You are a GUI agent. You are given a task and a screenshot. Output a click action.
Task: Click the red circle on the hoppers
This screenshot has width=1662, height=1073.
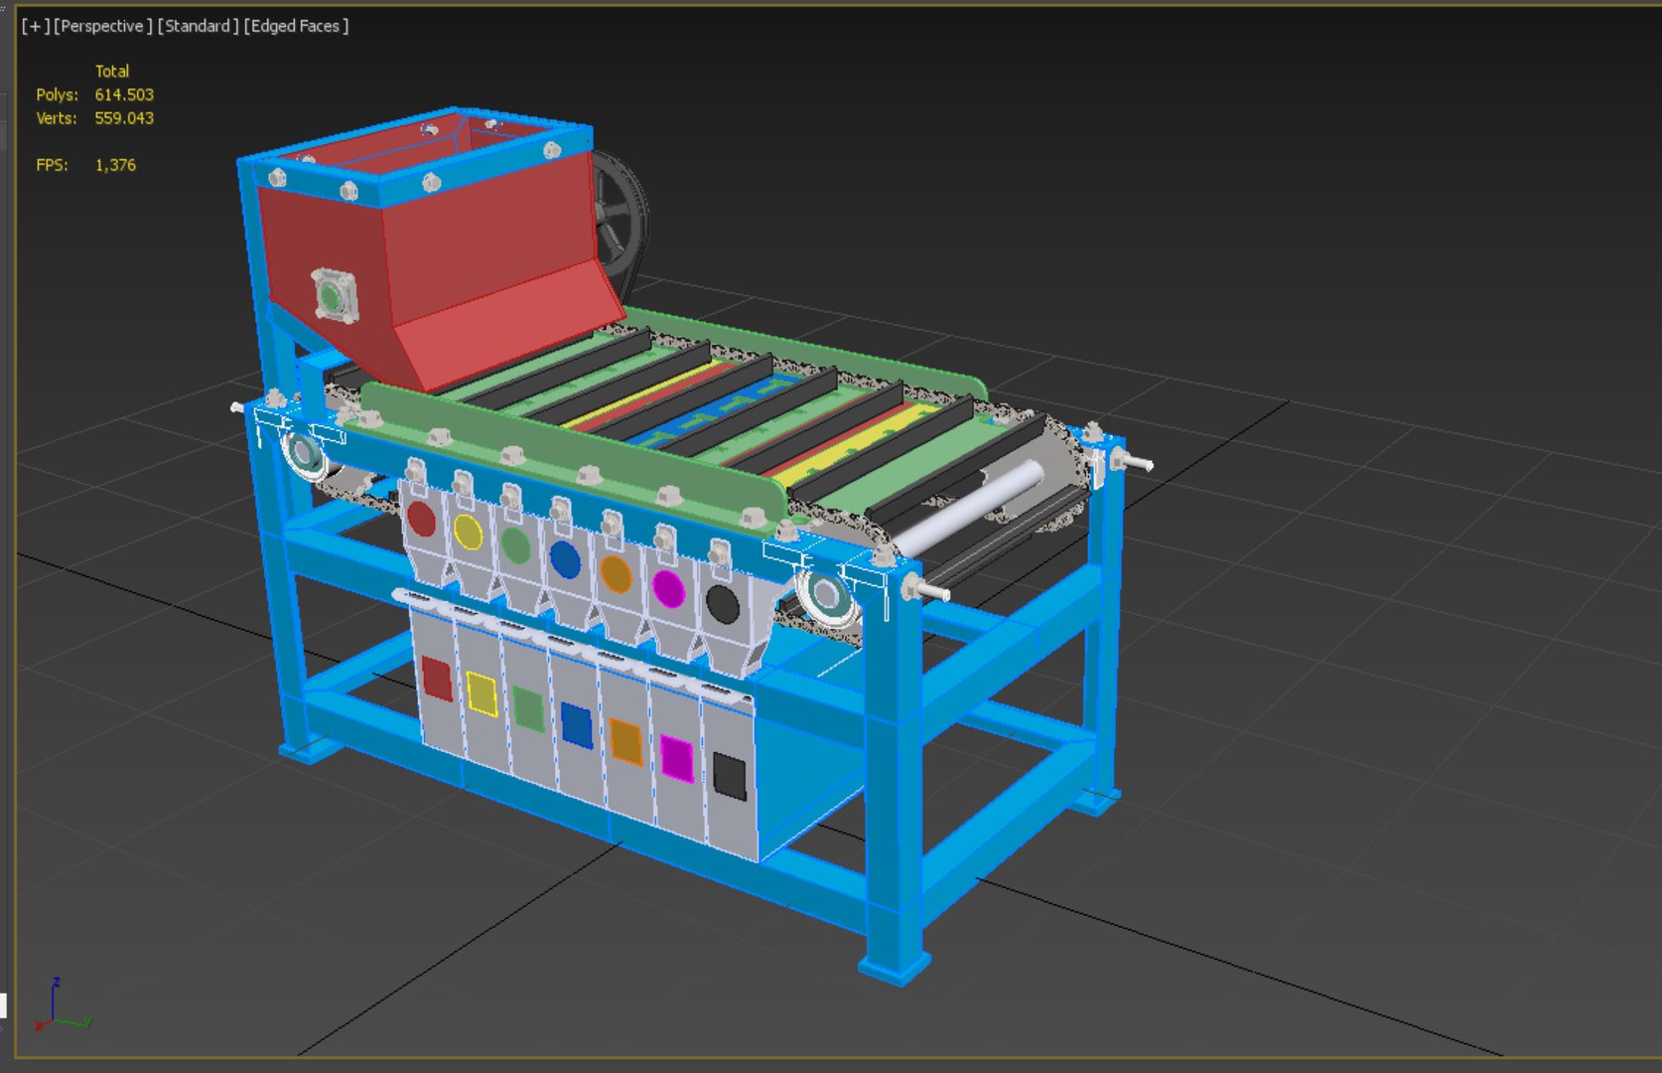point(422,519)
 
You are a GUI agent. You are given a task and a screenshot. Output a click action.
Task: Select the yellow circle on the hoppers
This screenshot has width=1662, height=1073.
point(468,533)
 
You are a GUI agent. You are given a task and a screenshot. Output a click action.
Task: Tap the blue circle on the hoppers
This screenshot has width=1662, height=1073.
point(565,560)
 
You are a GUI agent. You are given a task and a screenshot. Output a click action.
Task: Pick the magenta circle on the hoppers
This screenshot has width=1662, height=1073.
point(668,589)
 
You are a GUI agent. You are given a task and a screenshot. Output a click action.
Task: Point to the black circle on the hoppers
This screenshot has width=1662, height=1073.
point(722,604)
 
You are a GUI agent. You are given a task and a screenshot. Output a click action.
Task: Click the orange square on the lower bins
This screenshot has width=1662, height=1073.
point(626,741)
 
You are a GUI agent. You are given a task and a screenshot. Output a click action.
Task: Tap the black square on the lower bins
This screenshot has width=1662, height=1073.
point(730,776)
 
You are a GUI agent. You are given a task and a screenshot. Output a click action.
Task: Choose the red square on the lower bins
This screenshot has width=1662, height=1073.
point(437,679)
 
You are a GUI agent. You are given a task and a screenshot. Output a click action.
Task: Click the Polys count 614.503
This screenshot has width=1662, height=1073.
point(124,94)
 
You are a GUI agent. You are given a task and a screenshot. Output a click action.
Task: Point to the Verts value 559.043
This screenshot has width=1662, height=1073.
point(124,118)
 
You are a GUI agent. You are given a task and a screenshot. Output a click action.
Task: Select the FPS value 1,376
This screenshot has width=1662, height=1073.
point(115,165)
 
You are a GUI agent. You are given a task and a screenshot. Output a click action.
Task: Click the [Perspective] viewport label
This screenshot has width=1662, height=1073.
point(103,26)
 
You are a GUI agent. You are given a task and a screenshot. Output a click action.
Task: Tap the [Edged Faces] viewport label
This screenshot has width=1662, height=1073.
point(296,26)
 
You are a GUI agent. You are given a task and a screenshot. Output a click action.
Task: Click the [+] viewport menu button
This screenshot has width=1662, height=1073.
point(35,26)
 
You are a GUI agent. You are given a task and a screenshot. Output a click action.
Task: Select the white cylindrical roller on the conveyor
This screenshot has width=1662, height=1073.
point(969,507)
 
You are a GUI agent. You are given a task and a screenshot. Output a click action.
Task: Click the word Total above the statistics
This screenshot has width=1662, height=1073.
point(112,72)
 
